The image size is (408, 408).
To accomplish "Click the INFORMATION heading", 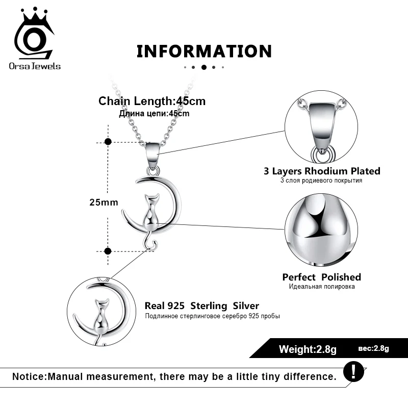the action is [204, 51].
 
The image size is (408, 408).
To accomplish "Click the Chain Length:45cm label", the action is [151, 101].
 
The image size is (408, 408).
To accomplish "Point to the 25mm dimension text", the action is [104, 202].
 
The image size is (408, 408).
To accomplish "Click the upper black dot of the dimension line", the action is [108, 142].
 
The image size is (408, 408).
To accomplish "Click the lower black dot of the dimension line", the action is [108, 250].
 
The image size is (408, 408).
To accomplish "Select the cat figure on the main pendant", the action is [149, 211].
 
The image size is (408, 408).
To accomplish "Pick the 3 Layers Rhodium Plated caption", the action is [322, 171].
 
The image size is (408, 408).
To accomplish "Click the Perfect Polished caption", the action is [321, 277].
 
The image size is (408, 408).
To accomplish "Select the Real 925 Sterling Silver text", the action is [202, 306].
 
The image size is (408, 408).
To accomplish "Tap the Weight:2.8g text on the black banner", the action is [308, 349].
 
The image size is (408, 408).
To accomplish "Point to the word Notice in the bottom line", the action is [29, 377].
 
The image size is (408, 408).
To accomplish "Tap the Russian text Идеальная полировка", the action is [321, 287].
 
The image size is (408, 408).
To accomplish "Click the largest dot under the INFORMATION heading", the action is [204, 67].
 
